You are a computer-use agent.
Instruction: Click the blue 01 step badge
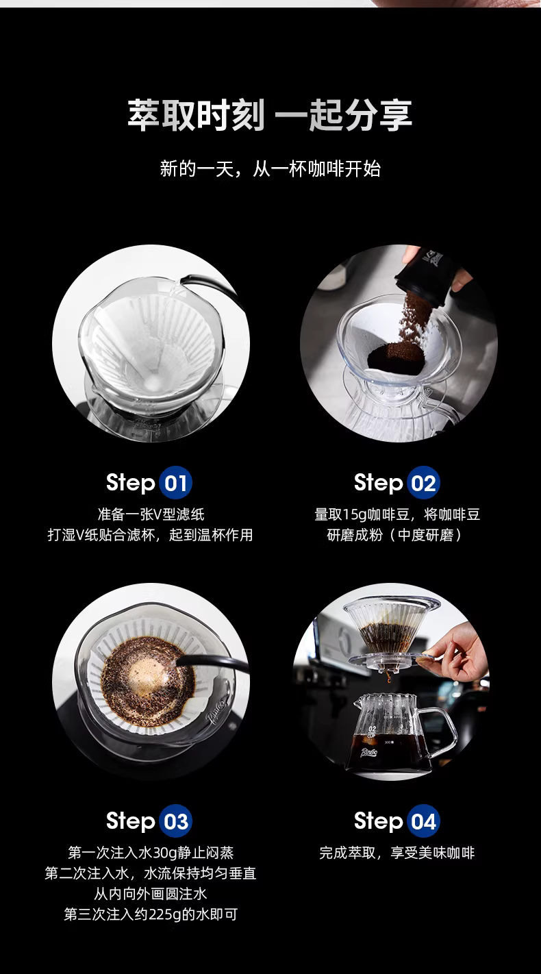(x=175, y=483)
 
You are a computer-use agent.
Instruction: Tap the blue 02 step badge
(x=423, y=483)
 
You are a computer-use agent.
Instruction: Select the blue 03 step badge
(x=175, y=821)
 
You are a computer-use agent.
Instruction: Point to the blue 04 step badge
(x=423, y=821)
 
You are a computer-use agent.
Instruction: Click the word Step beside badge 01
(x=131, y=483)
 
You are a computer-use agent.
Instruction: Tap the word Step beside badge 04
(x=378, y=821)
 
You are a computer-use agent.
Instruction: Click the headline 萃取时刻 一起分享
(x=270, y=115)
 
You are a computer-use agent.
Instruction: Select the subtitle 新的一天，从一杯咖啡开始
(x=270, y=168)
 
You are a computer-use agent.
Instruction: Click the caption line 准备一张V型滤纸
(x=151, y=514)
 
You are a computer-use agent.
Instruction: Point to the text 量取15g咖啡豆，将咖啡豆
(x=397, y=514)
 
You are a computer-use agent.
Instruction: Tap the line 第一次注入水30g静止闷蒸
(x=151, y=853)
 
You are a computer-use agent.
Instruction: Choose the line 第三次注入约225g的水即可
(x=151, y=914)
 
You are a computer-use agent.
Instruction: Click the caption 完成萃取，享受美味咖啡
(x=397, y=853)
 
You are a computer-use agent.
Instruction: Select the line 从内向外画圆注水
(x=151, y=894)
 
